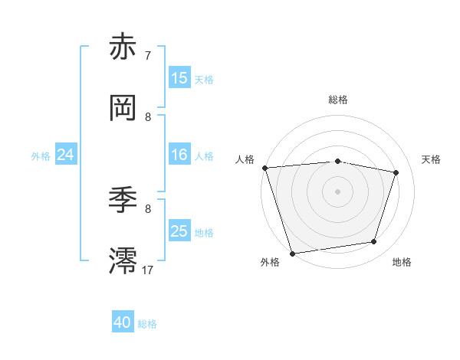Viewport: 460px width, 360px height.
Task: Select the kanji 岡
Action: click(x=124, y=107)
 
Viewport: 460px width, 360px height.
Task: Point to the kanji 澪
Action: click(x=124, y=261)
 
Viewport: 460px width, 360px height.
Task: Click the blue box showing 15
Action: click(x=179, y=78)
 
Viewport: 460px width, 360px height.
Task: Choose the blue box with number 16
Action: click(x=179, y=155)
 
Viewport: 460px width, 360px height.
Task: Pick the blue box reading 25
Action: click(x=179, y=231)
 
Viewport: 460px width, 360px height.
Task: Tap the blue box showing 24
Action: click(x=66, y=155)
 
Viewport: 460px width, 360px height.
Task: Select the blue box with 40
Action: click(x=123, y=323)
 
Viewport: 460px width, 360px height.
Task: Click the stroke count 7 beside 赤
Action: click(x=148, y=56)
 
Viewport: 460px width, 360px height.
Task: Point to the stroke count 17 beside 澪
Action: click(x=148, y=270)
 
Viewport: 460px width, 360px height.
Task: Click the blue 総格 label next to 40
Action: click(x=147, y=324)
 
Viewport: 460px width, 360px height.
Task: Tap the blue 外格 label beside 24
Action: click(x=41, y=156)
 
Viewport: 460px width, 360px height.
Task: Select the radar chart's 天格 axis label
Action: click(x=432, y=159)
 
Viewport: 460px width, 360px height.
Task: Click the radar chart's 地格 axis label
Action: click(x=402, y=263)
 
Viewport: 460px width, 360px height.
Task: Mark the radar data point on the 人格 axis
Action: click(x=264, y=168)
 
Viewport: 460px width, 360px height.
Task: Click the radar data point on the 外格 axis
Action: click(x=292, y=253)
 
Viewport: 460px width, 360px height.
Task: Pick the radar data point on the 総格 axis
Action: click(x=337, y=161)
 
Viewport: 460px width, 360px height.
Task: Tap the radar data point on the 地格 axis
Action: click(x=374, y=242)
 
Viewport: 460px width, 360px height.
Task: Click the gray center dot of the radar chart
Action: click(x=337, y=191)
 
